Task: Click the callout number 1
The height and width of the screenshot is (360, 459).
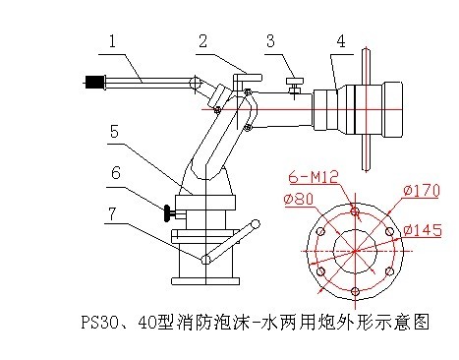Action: [112, 41]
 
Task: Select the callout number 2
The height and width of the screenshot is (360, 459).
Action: [203, 41]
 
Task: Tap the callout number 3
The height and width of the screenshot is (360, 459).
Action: [270, 41]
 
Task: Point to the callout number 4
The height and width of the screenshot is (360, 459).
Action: [341, 41]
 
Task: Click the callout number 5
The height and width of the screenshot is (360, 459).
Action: [114, 131]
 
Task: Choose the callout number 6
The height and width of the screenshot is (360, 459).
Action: [116, 173]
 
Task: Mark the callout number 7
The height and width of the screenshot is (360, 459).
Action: [112, 213]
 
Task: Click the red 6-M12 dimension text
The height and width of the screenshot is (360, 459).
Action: [313, 177]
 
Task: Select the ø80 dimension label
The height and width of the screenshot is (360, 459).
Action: [299, 199]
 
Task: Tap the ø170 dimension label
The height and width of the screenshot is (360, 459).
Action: [422, 191]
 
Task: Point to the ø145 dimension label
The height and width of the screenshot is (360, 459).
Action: [423, 230]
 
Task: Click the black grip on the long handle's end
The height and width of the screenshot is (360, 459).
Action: [94, 82]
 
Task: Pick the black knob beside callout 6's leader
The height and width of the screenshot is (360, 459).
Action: [167, 213]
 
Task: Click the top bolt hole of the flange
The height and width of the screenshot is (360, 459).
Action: [355, 211]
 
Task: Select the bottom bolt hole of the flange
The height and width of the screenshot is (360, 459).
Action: [355, 291]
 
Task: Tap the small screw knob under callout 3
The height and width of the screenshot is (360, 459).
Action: [295, 81]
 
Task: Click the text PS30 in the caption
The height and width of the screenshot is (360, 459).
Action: [96, 322]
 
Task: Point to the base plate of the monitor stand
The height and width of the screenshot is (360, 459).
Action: [205, 281]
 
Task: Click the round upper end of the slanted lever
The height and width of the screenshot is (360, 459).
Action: [255, 224]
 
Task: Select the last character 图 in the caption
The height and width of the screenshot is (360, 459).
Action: [421, 322]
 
